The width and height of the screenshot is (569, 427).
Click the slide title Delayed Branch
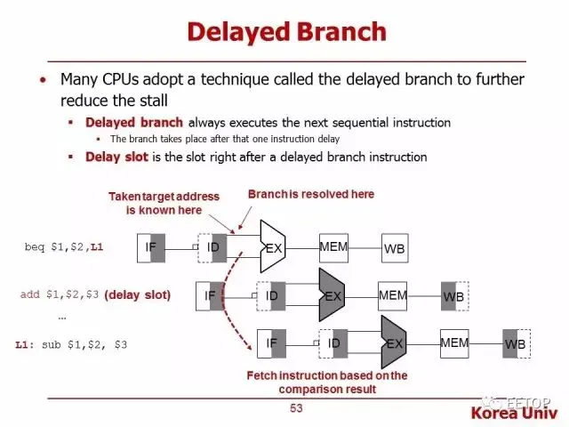(x=286, y=33)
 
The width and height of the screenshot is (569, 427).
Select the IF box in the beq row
(x=151, y=247)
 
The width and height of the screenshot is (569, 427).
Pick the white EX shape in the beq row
(x=273, y=246)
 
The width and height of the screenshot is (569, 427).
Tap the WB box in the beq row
(x=394, y=249)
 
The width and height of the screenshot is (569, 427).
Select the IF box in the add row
(x=211, y=294)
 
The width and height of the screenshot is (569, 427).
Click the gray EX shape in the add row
(x=333, y=295)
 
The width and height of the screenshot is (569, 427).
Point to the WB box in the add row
(x=454, y=296)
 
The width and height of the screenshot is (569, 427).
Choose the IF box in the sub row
(x=272, y=342)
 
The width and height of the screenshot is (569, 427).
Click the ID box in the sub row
(x=334, y=342)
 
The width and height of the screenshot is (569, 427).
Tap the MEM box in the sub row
(x=454, y=342)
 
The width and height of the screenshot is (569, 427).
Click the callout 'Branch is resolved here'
(x=310, y=194)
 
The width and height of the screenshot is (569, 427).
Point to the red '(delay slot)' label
(x=137, y=294)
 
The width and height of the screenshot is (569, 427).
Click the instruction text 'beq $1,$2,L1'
(x=65, y=246)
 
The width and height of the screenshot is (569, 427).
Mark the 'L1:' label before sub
(x=26, y=343)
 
